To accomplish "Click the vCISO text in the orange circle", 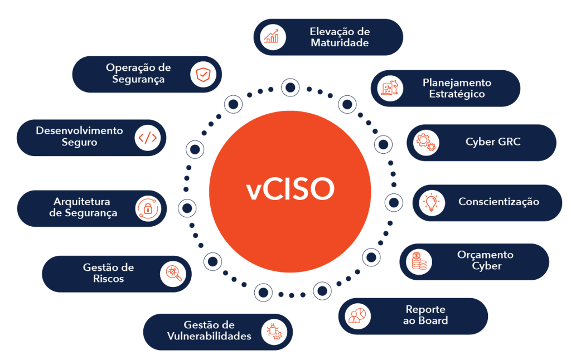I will point(290,190).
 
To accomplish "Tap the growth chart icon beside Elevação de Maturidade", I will point(273,37).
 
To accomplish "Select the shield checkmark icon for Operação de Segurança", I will point(202,74).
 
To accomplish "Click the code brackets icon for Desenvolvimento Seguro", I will point(148,138).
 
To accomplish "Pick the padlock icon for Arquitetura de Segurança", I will point(148,209).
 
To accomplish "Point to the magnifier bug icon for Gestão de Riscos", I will point(172,274).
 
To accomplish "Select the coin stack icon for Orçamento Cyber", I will point(418,261).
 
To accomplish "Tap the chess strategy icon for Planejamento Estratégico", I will point(390,88).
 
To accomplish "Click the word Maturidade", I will point(340,43).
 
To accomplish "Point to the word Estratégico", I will point(457,94).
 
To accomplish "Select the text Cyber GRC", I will point(493,142).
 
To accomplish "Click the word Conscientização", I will point(499,202).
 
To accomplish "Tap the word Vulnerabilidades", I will point(209,336).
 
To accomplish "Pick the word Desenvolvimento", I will point(79,131).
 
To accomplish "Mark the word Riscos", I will point(108,279).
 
